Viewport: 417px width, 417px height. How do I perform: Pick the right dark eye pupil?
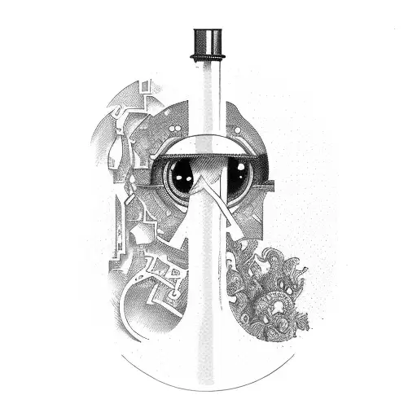[x=237, y=174]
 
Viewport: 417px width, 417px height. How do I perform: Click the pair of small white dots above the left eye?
[x=174, y=130]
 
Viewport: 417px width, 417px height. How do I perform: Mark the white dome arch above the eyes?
[x=208, y=145]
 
